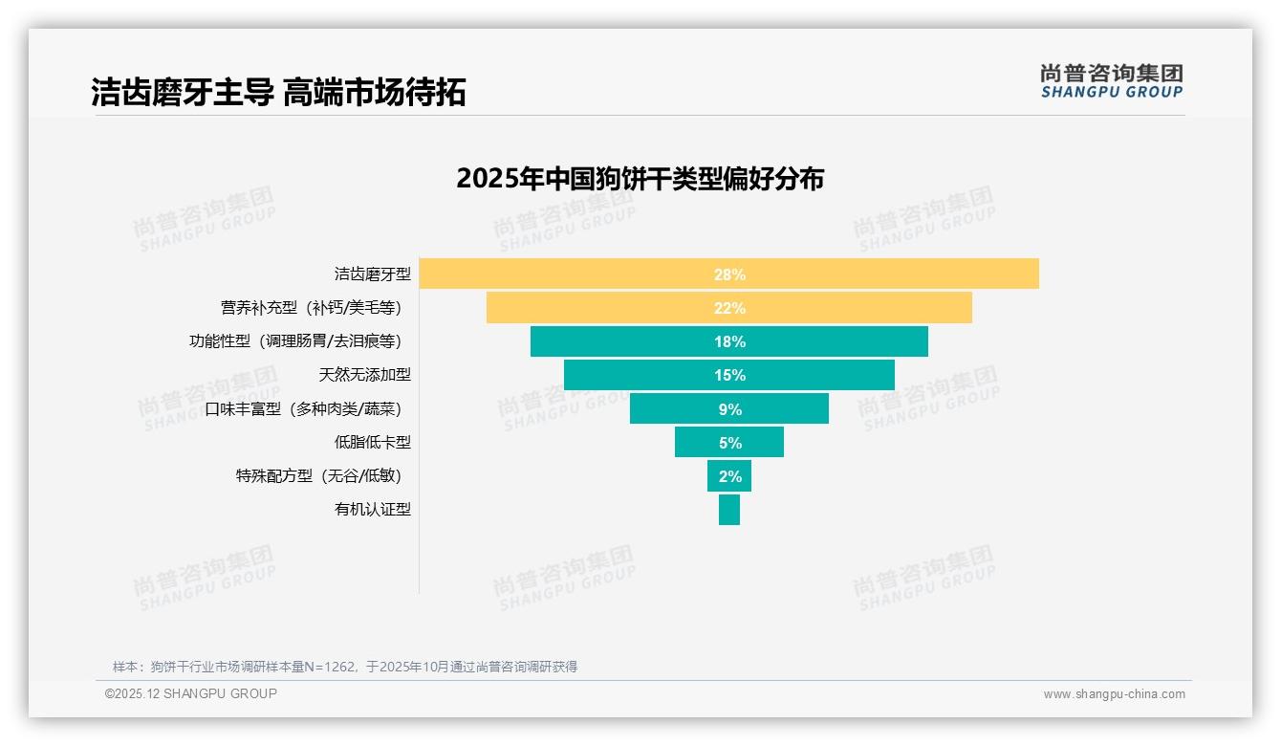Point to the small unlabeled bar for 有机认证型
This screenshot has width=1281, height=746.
(x=729, y=509)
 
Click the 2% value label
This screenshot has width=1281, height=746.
(x=729, y=476)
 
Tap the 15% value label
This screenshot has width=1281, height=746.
(x=729, y=375)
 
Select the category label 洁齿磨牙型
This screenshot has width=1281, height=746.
(x=372, y=274)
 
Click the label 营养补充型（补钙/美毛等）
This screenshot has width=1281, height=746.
(x=311, y=308)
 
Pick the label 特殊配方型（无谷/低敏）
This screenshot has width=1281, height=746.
(x=318, y=475)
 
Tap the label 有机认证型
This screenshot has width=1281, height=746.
(x=372, y=509)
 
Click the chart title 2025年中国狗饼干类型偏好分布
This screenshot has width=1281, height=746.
(x=640, y=179)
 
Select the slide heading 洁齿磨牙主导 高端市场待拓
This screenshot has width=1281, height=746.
(x=278, y=93)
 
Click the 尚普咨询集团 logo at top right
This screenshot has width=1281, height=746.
(x=1111, y=80)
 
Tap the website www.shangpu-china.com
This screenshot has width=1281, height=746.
(x=1114, y=694)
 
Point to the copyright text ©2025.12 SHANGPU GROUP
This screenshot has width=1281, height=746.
(x=191, y=693)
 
